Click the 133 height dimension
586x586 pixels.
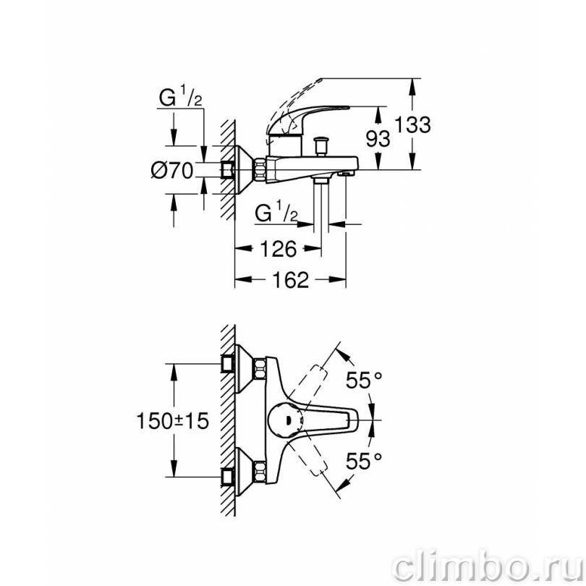tap(412, 124)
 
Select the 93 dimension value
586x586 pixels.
tap(378, 139)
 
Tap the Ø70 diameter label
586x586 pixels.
tap(172, 171)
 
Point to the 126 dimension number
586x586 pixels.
tap(278, 249)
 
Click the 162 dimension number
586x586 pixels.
tap(290, 279)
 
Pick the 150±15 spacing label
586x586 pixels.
tap(172, 421)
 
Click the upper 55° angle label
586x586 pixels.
tap(364, 381)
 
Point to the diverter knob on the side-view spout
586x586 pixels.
tap(321, 146)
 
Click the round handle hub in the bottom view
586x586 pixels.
tap(286, 420)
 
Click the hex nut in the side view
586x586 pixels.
tap(260, 170)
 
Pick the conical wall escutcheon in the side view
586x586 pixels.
tap(245, 170)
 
